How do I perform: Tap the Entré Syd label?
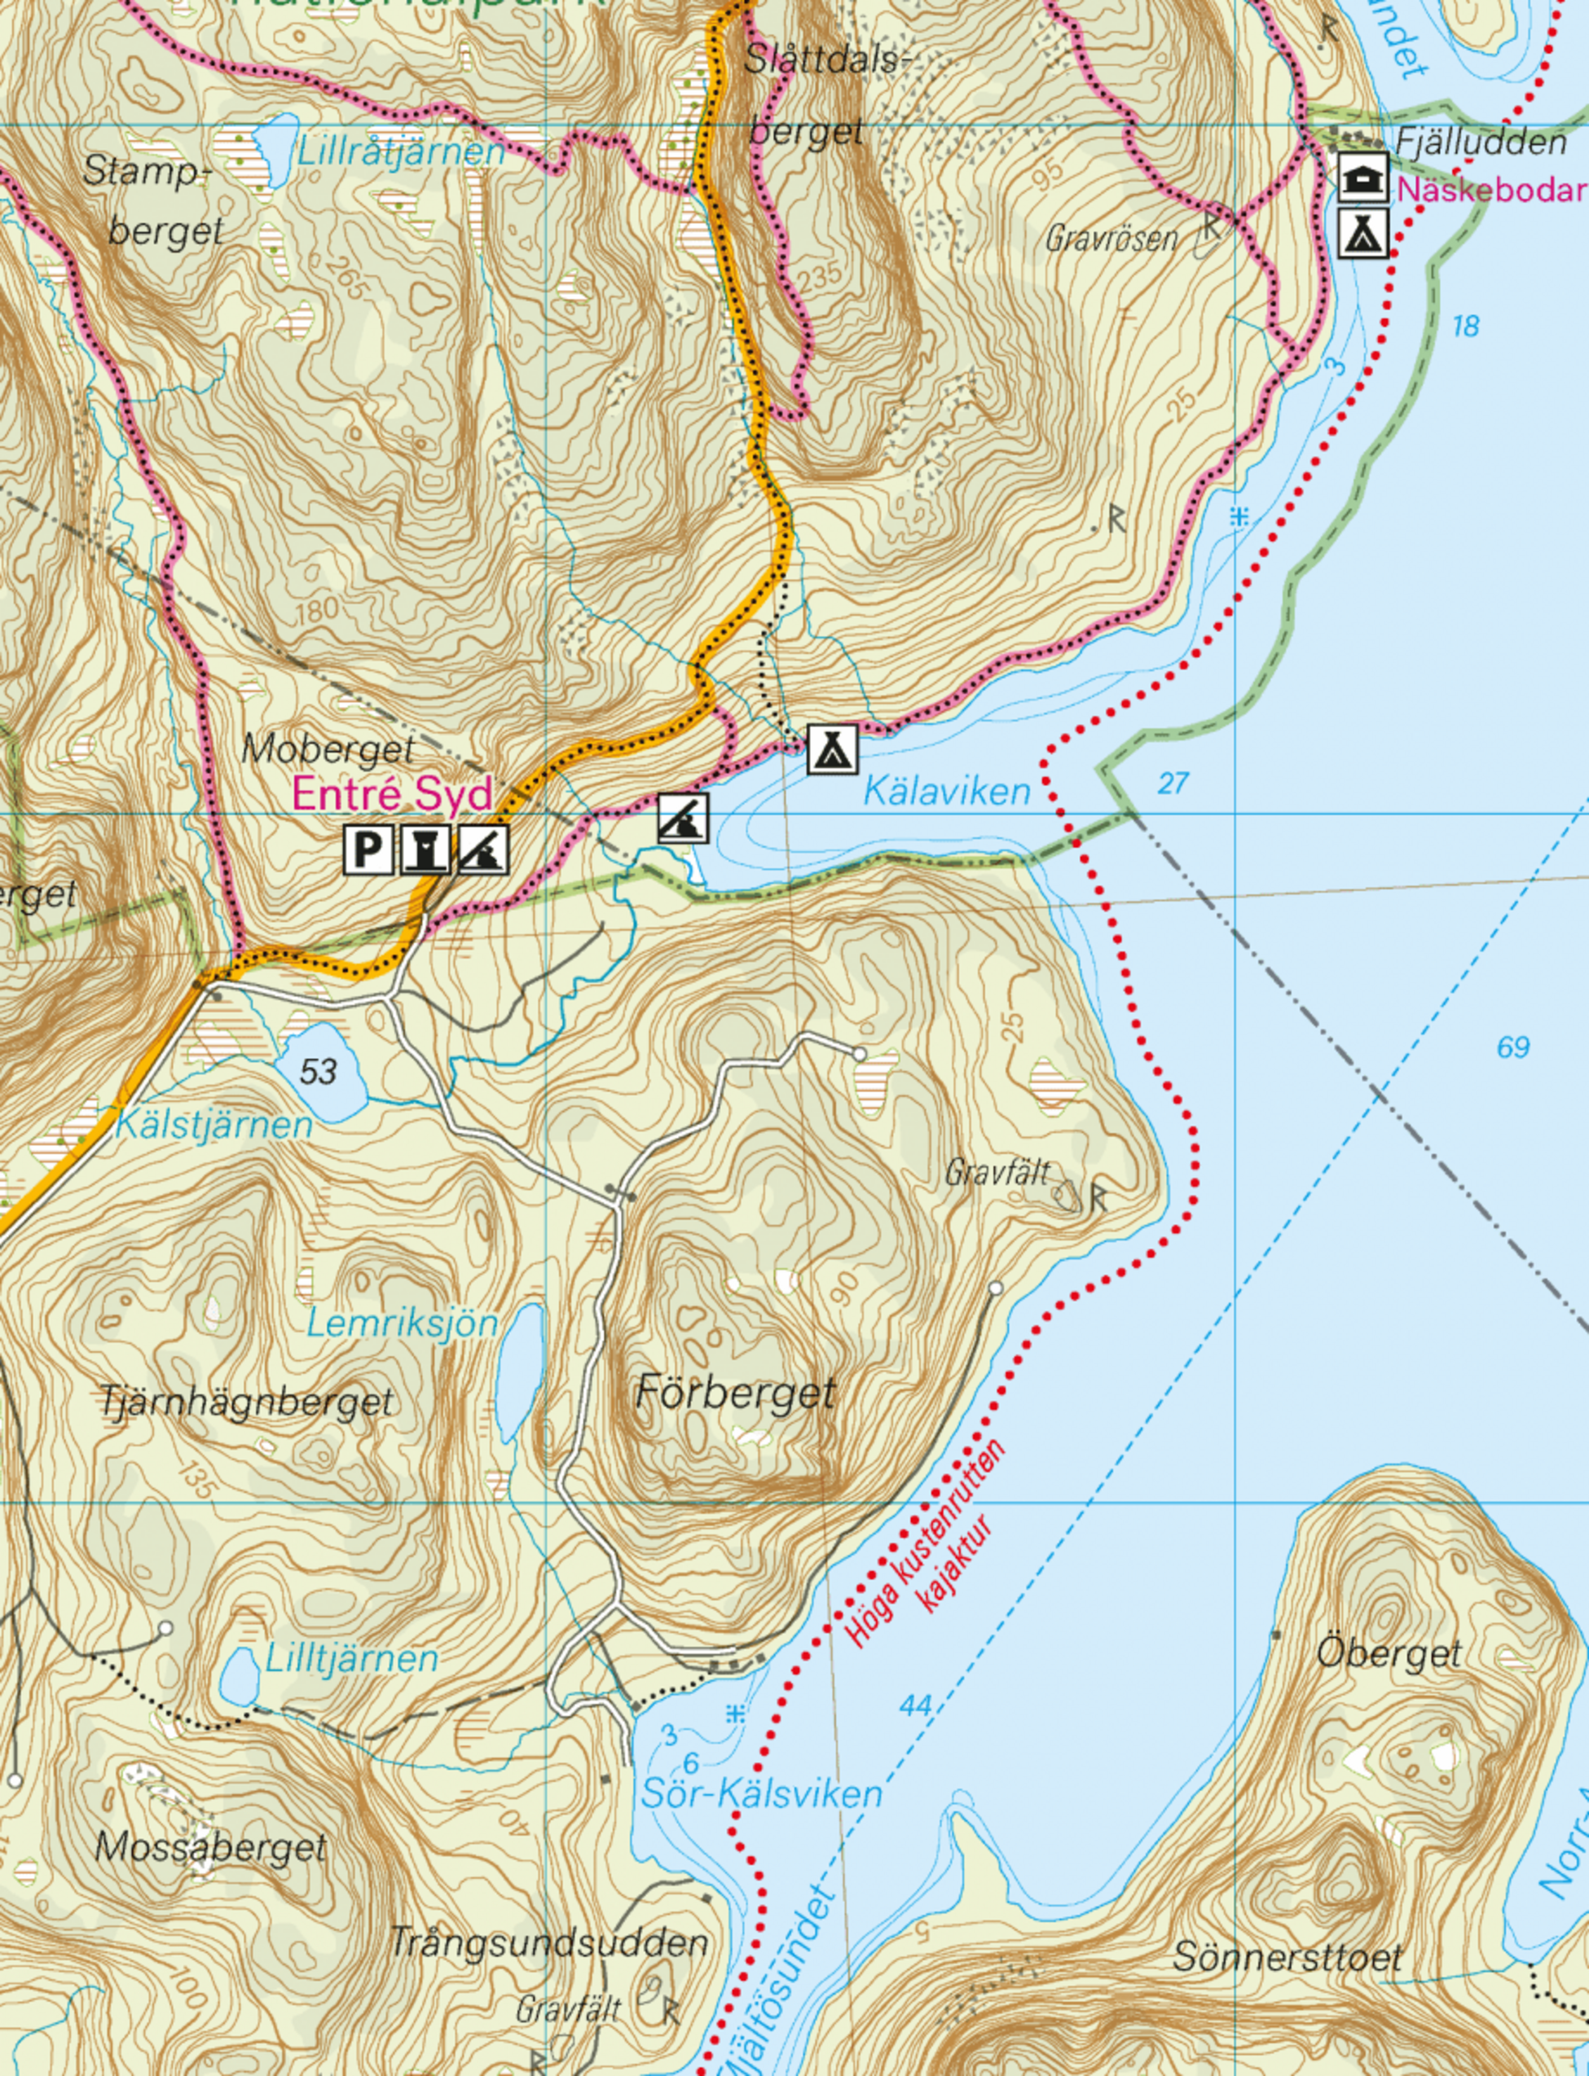click(x=393, y=793)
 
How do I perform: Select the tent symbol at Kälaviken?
click(x=832, y=748)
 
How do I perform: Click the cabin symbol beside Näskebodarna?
click(x=1363, y=178)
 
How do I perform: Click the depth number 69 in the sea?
click(x=1513, y=1047)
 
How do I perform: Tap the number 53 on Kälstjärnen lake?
click(x=319, y=1071)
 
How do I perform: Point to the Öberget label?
click(x=1389, y=1653)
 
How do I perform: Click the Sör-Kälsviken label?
click(x=761, y=1793)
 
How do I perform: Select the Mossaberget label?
click(x=210, y=1846)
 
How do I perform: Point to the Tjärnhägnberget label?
click(x=246, y=1401)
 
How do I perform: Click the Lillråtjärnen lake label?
click(x=401, y=151)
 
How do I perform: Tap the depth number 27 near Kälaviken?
click(x=1173, y=783)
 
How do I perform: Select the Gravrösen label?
click(x=1111, y=239)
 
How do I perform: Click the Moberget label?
click(x=328, y=749)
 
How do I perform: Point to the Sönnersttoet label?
click(x=1287, y=1957)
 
